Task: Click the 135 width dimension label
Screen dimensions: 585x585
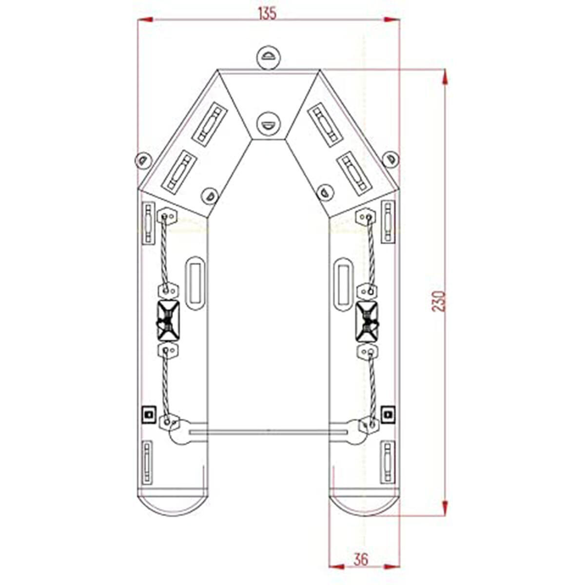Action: click(267, 13)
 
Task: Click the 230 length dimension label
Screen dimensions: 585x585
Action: click(439, 301)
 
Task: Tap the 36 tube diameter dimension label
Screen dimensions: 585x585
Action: click(361, 559)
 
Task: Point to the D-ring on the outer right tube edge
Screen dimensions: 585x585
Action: click(390, 159)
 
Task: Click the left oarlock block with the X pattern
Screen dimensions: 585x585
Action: click(168, 320)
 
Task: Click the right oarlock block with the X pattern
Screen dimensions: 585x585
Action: click(367, 320)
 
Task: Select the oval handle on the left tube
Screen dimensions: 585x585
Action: click(195, 283)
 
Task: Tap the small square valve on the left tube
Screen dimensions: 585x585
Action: click(148, 414)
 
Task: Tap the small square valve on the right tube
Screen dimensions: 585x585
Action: click(388, 414)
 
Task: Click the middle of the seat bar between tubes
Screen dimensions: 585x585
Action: click(268, 431)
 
